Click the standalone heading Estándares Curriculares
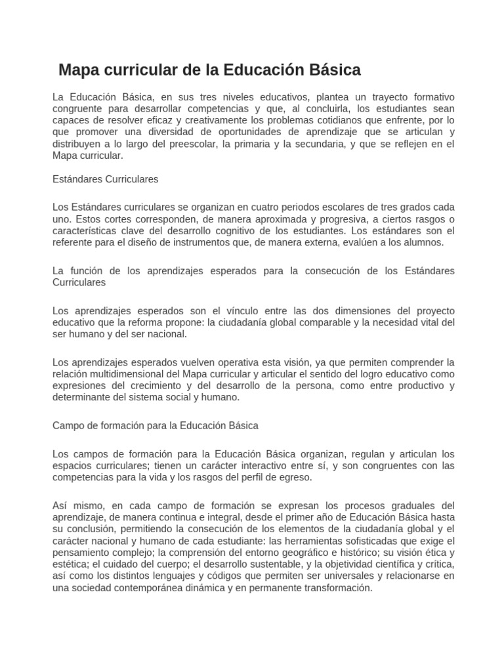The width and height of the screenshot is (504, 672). tap(105, 178)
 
